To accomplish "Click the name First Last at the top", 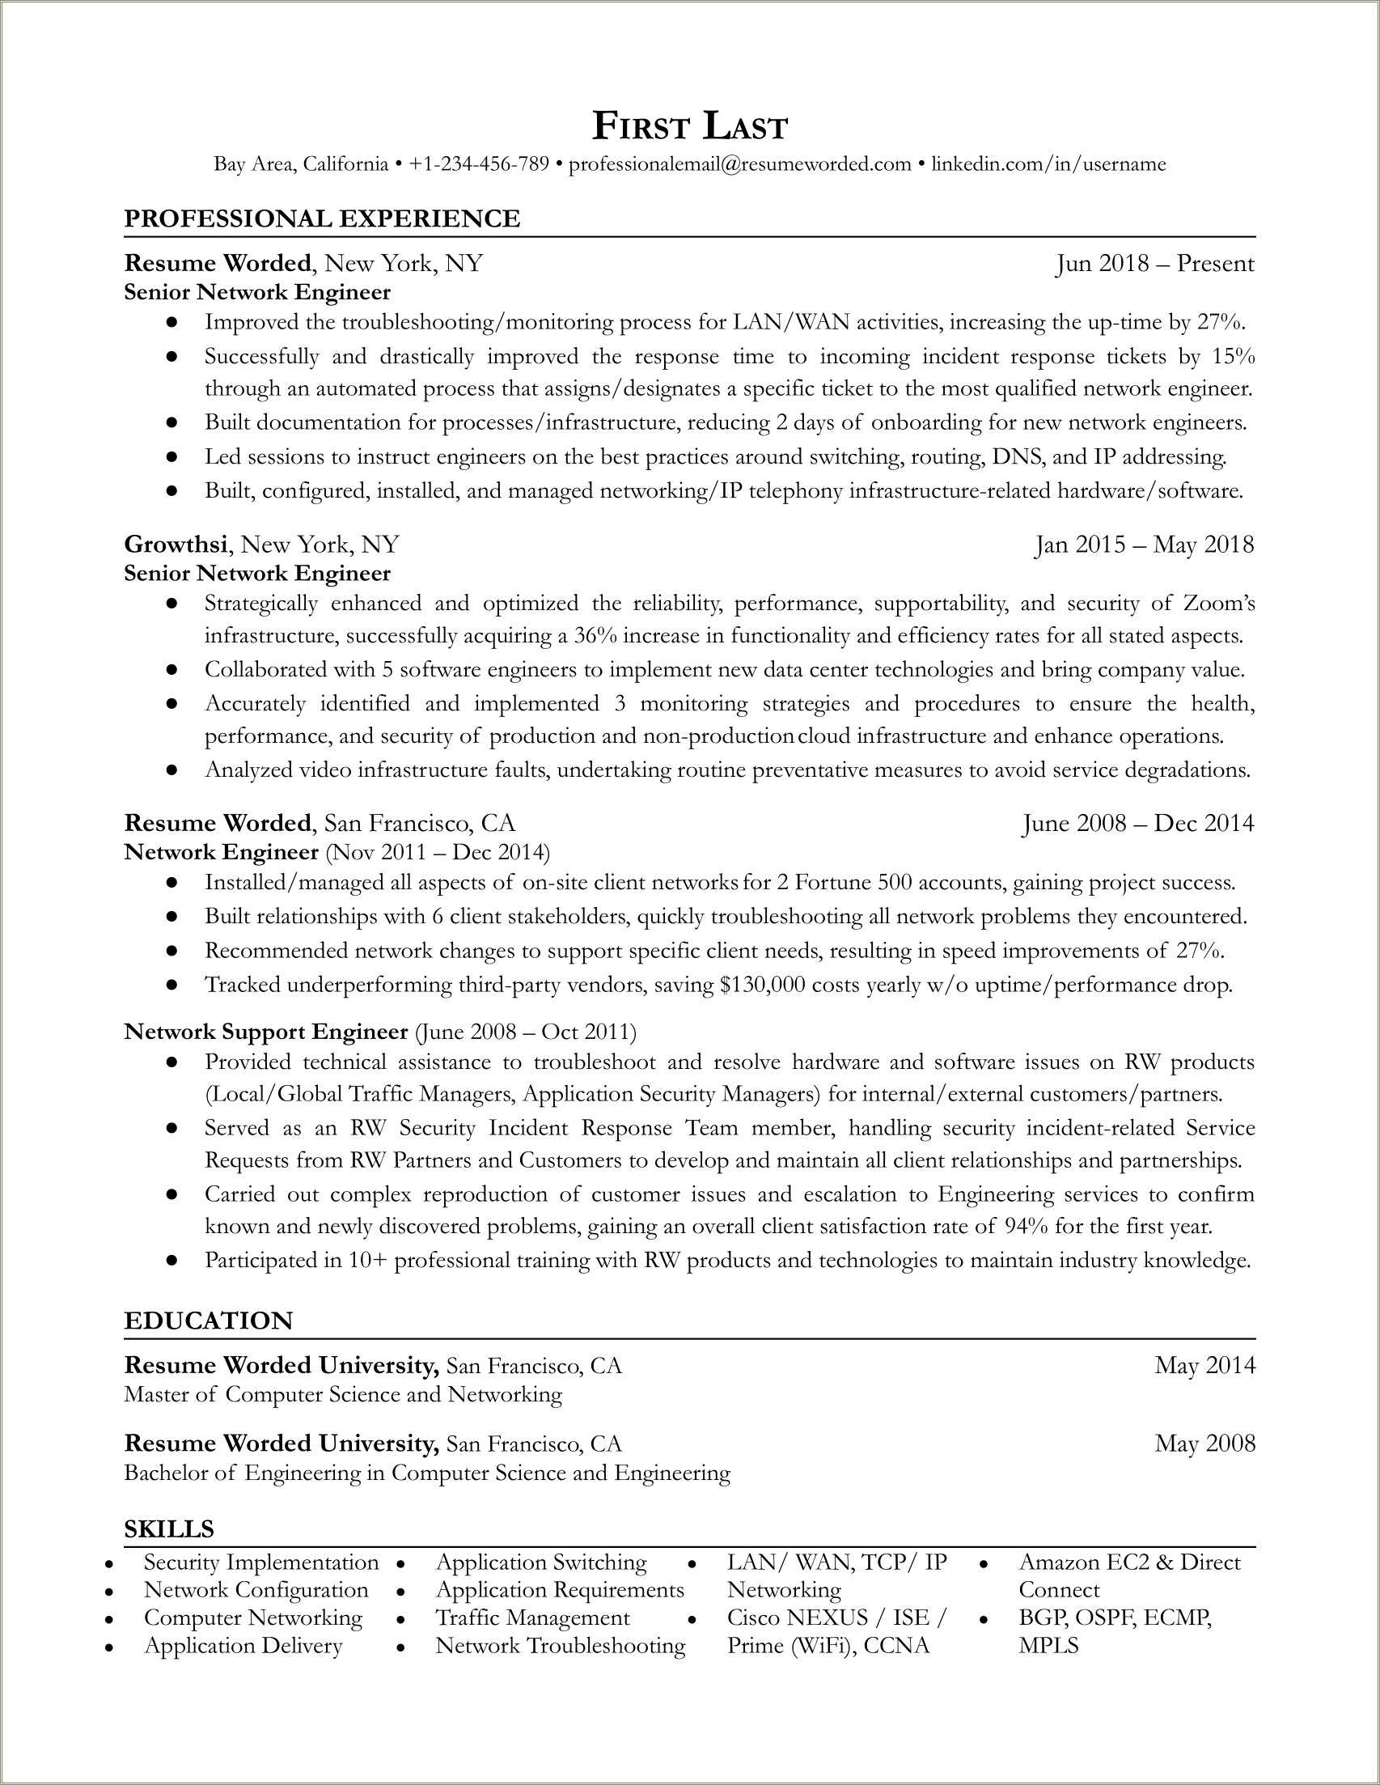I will pos(689,128).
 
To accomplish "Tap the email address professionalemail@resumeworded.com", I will pos(739,164).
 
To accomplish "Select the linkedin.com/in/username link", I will pos(1048,164).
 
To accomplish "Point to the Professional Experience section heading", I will pos(322,218).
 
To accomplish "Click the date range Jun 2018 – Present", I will pos(1154,263).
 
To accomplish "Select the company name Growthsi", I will pos(176,545).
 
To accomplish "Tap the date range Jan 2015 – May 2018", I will pos(1144,545).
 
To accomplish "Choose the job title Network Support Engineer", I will pos(265,1032).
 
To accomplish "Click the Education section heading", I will pos(209,1321).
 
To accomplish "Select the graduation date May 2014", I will pos(1204,1365).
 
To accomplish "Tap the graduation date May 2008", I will pos(1204,1444).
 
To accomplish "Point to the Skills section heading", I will pos(169,1528).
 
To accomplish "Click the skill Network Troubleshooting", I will pos(561,1645).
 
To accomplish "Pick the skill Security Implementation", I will pos(261,1562).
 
